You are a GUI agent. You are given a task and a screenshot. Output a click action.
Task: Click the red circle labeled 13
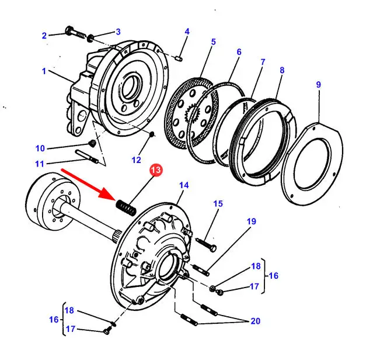tap(156, 170)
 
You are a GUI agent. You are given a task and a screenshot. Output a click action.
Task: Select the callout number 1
tap(43, 71)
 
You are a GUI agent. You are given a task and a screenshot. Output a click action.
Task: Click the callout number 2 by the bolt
tap(43, 36)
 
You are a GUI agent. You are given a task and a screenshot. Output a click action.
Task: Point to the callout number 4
tap(187, 31)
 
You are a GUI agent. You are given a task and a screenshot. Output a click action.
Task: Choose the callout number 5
tap(213, 41)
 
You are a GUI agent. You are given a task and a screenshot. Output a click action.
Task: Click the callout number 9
tap(318, 85)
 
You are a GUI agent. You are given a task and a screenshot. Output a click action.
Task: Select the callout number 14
tap(184, 185)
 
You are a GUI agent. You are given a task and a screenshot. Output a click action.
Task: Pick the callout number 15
tap(217, 203)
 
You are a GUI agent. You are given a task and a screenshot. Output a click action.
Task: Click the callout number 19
tap(251, 221)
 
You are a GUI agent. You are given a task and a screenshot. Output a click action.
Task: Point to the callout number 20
tap(255, 321)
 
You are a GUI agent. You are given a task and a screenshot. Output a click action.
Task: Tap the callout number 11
tap(40, 164)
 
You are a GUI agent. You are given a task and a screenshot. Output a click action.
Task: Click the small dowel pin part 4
tap(180, 57)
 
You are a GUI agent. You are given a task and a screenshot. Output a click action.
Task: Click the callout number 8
tap(282, 71)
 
